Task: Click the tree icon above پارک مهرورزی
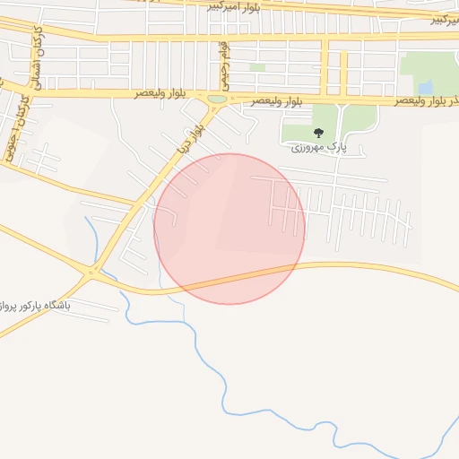[x=318, y=134]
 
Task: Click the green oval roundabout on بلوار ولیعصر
[x=217, y=99]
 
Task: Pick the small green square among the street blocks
[x=257, y=67]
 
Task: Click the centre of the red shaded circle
[x=229, y=229]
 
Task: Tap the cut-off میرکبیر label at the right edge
[x=444, y=18]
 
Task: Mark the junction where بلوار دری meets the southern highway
[x=92, y=272]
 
